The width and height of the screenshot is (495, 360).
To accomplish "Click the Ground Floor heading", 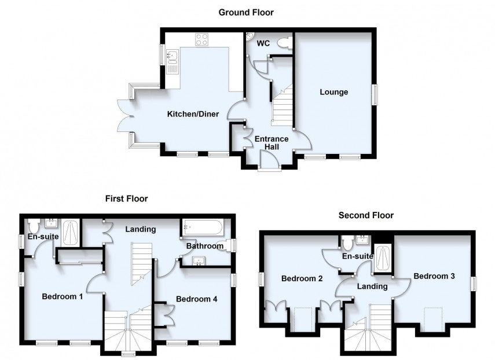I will pos(245,12).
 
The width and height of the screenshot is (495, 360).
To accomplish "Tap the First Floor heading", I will pos(126,199).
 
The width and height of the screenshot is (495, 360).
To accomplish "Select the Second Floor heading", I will pos(366,215).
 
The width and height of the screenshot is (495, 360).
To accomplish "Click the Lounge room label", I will pos(334,92).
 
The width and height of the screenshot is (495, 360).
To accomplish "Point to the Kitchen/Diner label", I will pos(193,114).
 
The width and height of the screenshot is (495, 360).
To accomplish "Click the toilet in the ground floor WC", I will pos(284,42).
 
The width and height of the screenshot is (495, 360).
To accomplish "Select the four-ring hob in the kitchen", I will pos(202,40).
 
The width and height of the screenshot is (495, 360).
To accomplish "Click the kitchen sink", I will pos(173,57).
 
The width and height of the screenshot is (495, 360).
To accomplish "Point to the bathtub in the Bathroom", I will pos(201,226).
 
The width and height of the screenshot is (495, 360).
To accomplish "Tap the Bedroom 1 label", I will pos(62,297).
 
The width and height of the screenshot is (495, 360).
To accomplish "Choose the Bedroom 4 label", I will pos(196,299).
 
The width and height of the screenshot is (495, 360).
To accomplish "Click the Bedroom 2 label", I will pos(302,279).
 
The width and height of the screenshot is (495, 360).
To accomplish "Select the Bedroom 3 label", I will pos(434,276).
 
